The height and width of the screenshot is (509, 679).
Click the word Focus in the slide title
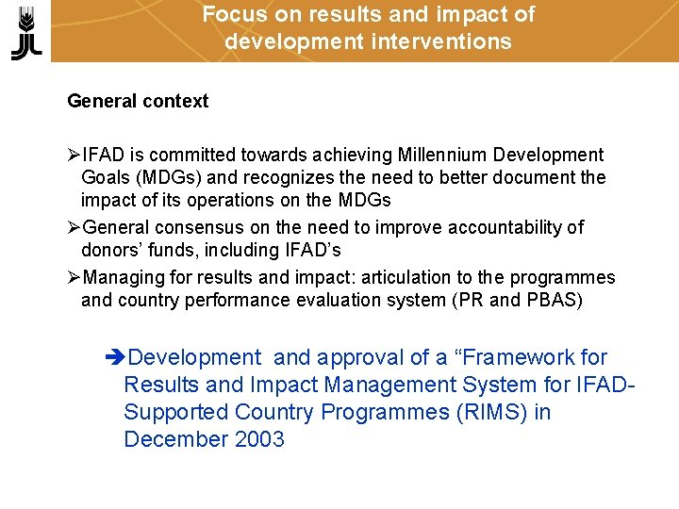(x=229, y=15)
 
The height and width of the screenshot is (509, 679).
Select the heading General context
(x=138, y=101)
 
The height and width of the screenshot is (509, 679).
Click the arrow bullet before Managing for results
(x=75, y=277)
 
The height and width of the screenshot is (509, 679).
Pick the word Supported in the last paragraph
(x=175, y=413)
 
